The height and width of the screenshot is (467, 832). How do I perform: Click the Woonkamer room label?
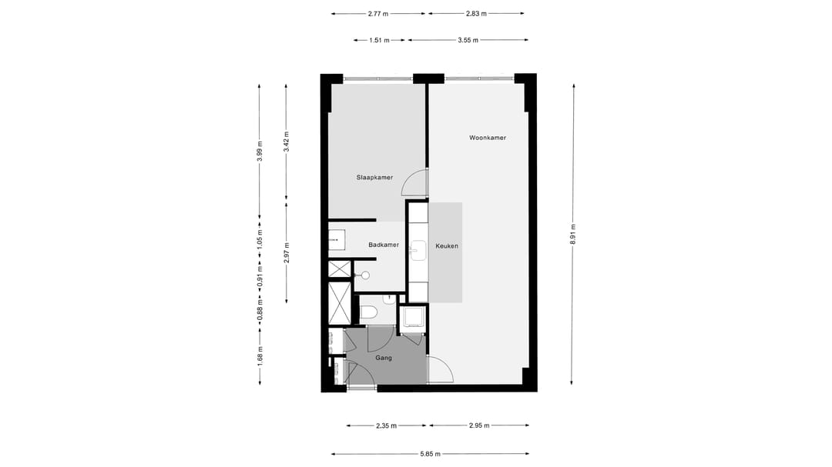tap(487, 138)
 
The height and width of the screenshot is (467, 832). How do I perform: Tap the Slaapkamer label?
tap(374, 178)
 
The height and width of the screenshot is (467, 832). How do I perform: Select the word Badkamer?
tap(384, 245)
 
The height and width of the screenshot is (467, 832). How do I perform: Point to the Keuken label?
tap(447, 246)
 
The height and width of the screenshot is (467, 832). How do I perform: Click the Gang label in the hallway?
tap(384, 358)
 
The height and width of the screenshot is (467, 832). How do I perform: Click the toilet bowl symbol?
tap(367, 312)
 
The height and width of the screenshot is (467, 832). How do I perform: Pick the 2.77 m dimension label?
tap(377, 14)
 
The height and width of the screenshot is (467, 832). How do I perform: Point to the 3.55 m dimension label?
tap(468, 40)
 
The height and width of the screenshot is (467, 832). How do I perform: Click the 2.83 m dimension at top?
tap(476, 14)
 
